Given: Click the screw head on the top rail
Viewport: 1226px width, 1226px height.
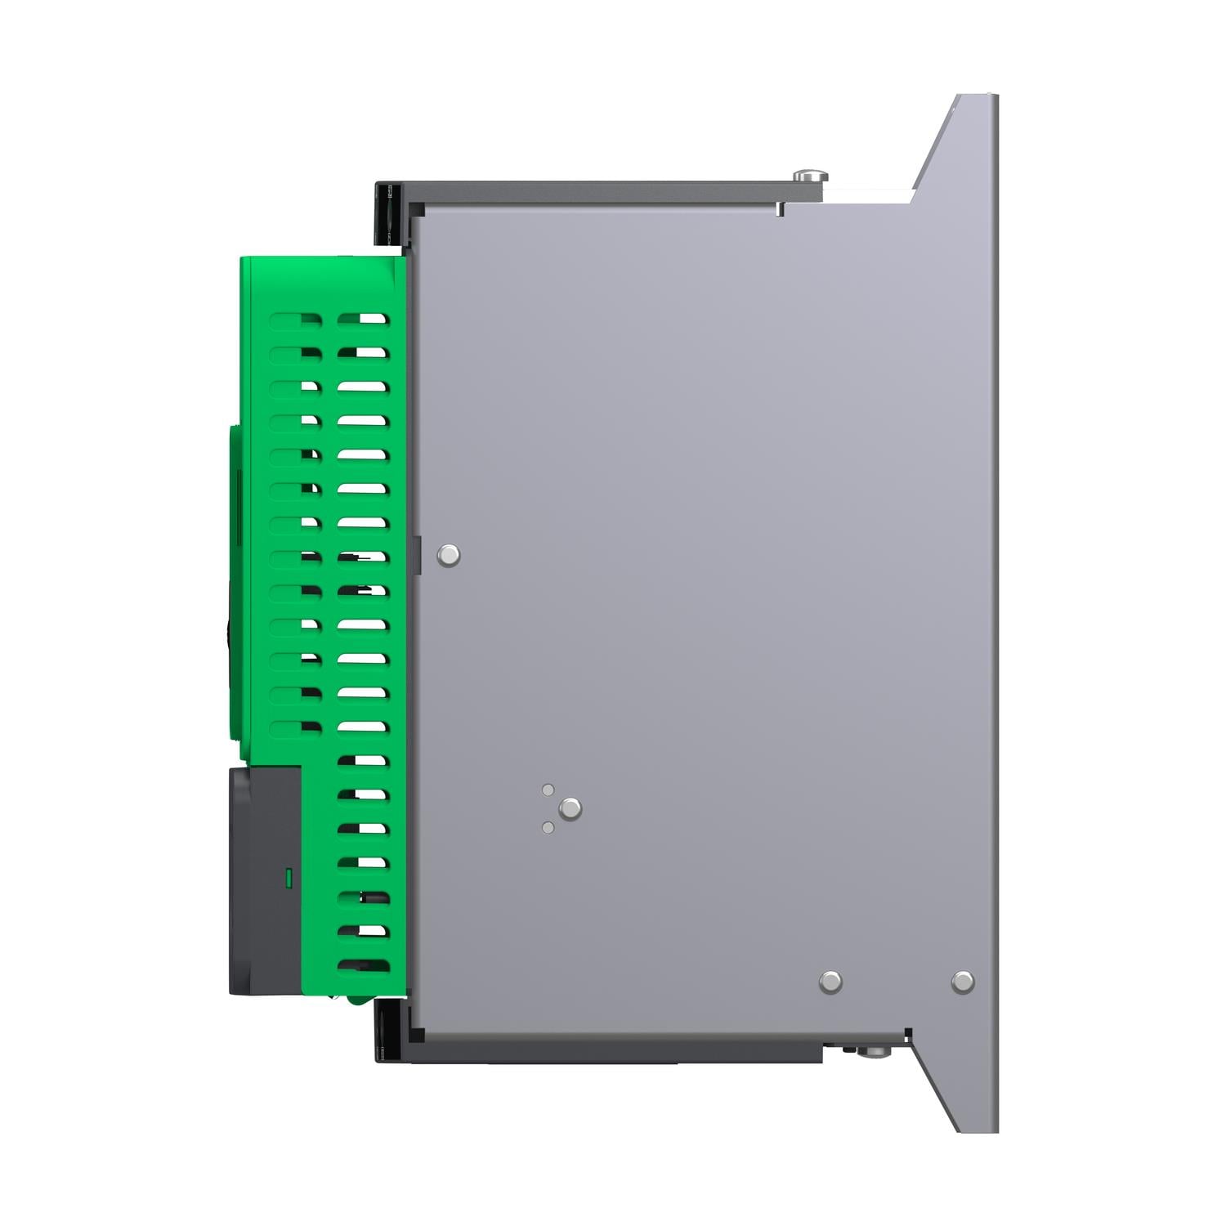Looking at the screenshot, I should click(x=810, y=176).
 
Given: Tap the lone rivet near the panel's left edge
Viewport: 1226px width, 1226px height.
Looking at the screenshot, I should click(x=449, y=556).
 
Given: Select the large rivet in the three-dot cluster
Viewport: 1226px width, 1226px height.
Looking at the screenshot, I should click(x=570, y=809).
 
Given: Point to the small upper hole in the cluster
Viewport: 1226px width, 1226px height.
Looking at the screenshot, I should click(x=548, y=790).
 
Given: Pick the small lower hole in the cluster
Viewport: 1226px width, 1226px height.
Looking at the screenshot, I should click(x=548, y=828).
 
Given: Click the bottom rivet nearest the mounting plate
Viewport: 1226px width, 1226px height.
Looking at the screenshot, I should click(x=963, y=982).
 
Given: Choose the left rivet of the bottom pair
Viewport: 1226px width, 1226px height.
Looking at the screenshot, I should click(x=830, y=982).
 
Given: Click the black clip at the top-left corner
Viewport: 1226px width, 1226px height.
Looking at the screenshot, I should click(x=391, y=213).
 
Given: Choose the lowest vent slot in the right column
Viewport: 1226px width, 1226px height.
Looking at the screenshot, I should click(x=363, y=965).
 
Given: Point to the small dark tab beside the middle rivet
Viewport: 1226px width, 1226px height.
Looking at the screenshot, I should click(x=416, y=556).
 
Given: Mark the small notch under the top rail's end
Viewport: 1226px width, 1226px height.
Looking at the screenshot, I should click(x=780, y=209).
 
